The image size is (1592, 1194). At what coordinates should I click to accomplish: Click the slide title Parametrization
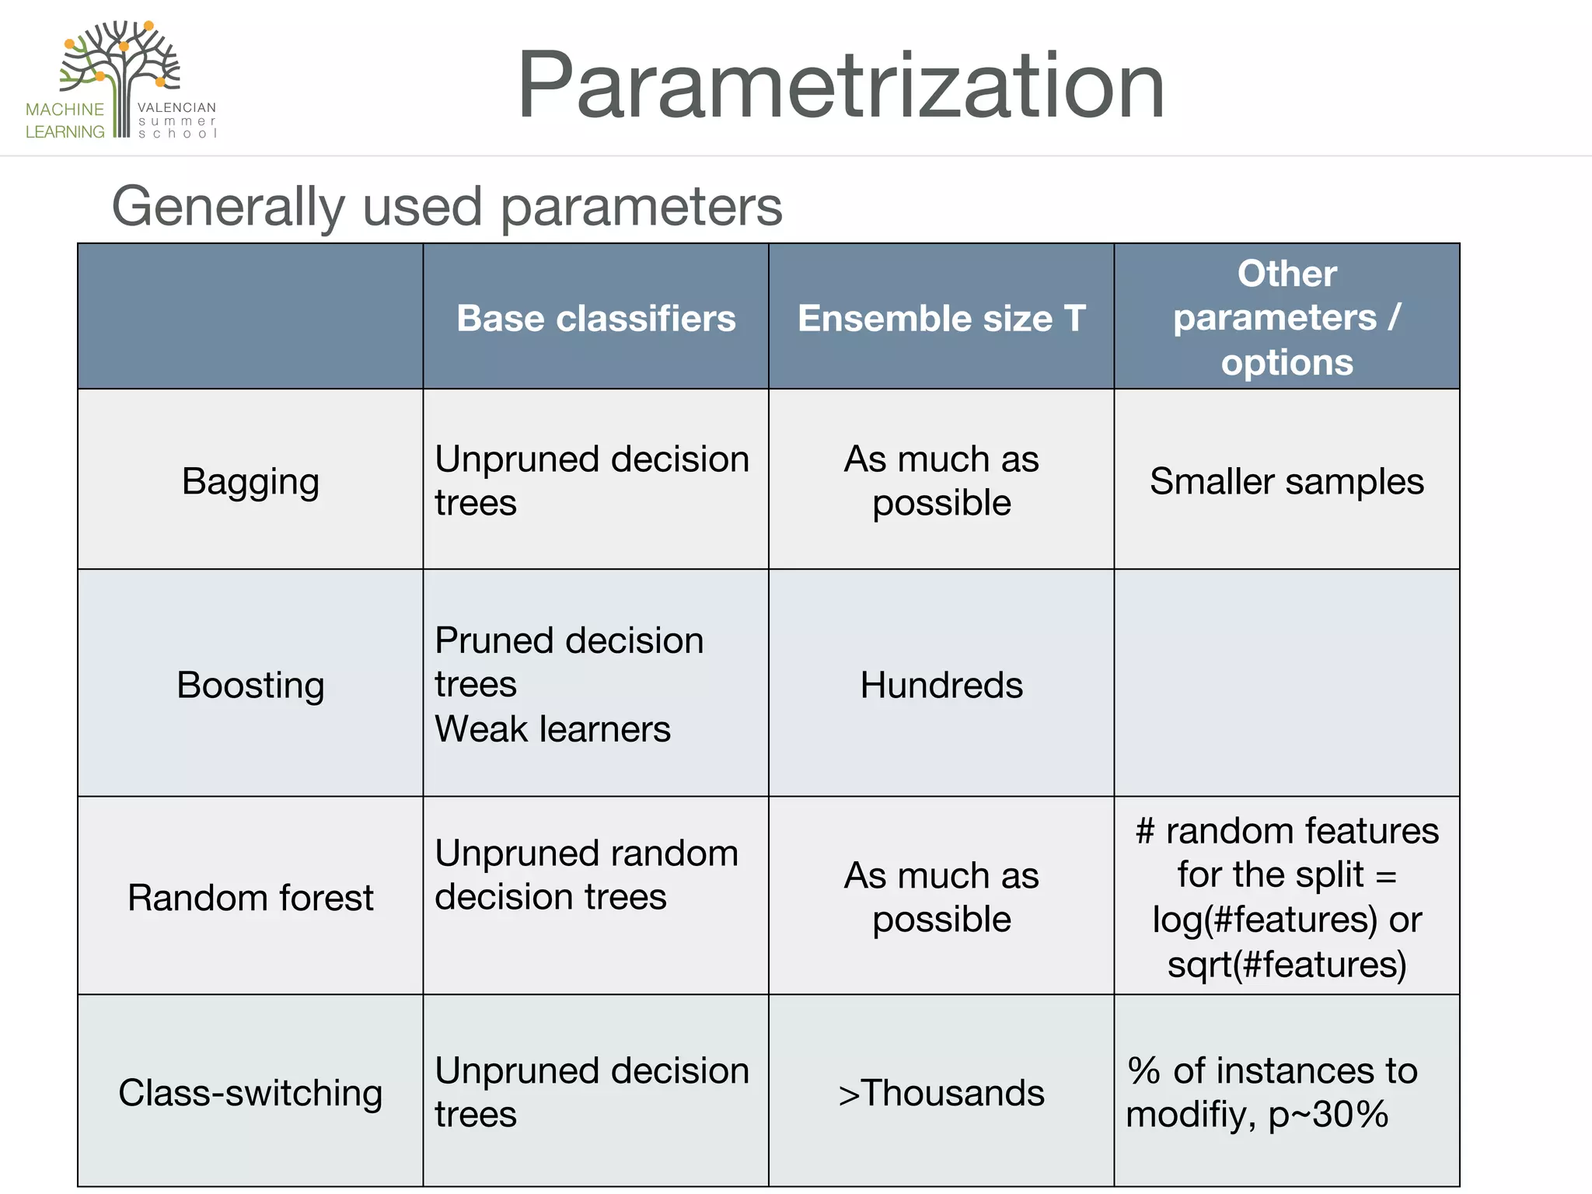(841, 86)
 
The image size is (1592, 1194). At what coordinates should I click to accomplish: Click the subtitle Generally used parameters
(447, 207)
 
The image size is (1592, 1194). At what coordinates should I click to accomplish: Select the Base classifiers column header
(595, 318)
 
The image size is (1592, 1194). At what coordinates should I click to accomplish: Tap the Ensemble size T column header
(941, 318)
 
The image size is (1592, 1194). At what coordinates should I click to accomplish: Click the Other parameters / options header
(1287, 317)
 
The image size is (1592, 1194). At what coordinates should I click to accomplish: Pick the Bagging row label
(250, 481)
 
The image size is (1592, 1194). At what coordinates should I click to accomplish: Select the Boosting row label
(250, 685)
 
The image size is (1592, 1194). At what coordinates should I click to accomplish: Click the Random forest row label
(250, 897)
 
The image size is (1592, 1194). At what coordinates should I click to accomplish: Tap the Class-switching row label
(250, 1092)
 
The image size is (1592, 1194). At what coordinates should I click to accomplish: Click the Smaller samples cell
(1287, 481)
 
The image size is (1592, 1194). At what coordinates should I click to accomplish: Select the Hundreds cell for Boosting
(941, 685)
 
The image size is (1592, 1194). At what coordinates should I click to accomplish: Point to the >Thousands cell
(941, 1092)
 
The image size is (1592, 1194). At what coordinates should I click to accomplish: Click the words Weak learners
(552, 729)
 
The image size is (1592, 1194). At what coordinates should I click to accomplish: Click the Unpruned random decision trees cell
(586, 875)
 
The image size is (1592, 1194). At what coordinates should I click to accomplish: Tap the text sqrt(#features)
(1287, 964)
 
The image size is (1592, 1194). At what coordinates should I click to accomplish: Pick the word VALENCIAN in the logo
(176, 107)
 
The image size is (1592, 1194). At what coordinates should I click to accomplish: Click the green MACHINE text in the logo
(65, 110)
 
